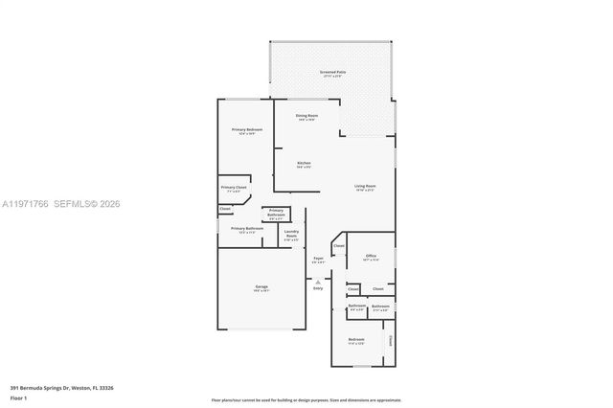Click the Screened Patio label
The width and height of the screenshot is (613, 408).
[x=332, y=72]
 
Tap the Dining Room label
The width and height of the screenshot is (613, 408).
[x=306, y=116]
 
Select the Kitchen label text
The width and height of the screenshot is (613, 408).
[x=304, y=163]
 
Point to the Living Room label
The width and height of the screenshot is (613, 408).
[x=365, y=186]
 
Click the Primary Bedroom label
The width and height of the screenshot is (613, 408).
[x=246, y=129]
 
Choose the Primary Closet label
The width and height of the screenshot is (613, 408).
[x=234, y=187]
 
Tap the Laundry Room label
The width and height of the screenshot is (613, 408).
[x=292, y=233]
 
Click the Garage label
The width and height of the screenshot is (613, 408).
[x=261, y=286]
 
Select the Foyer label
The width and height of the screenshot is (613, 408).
[x=317, y=258]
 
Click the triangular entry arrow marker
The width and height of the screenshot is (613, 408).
[x=317, y=281]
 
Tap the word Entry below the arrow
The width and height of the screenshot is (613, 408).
[x=317, y=288]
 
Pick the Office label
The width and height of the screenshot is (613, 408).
[x=372, y=256]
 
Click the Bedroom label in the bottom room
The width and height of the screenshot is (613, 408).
[x=355, y=340]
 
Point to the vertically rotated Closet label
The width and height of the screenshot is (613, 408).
[x=391, y=340]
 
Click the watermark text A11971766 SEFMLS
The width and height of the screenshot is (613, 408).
[x=60, y=203]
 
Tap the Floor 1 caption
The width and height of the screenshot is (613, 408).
[x=19, y=397]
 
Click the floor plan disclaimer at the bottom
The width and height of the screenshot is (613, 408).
[x=306, y=399]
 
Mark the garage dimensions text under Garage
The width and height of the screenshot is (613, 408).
[x=261, y=291]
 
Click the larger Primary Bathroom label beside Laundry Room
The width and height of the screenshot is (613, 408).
[x=246, y=229]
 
